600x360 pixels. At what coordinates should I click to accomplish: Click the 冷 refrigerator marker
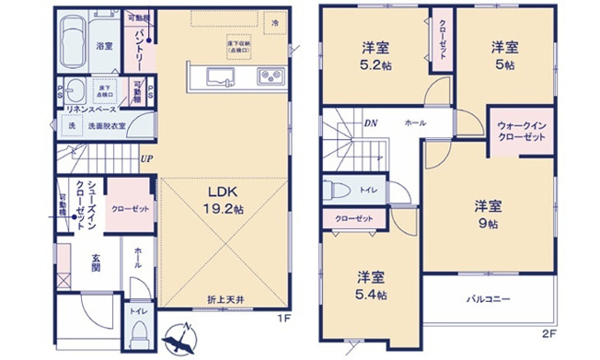coord(274,20)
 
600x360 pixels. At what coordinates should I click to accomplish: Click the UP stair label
coord(146,157)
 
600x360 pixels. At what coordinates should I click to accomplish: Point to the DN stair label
coord(371,122)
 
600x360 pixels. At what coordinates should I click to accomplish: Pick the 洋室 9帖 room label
coord(488,214)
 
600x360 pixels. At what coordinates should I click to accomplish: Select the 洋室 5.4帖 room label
coord(371,285)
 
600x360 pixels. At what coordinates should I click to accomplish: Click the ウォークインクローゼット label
coord(522,131)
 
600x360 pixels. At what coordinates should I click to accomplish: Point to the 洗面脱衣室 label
coord(107,124)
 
